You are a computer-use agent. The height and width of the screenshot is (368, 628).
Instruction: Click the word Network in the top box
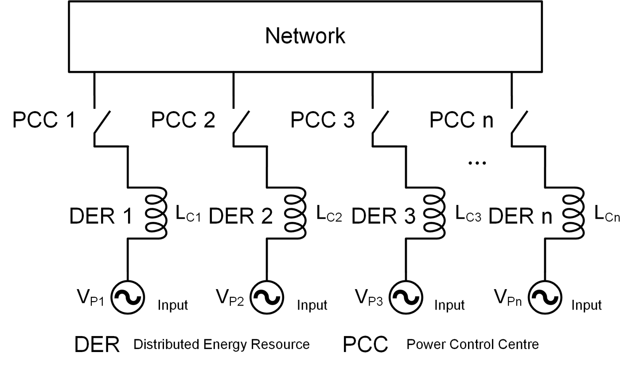click(x=305, y=36)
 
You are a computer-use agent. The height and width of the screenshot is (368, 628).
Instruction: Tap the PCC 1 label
click(x=44, y=120)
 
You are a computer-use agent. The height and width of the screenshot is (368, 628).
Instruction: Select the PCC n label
click(x=461, y=120)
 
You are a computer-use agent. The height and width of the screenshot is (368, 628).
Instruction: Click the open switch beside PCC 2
click(x=241, y=121)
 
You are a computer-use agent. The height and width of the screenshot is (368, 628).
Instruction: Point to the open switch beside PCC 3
click(x=380, y=121)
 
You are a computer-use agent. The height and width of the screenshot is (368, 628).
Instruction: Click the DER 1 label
click(x=101, y=217)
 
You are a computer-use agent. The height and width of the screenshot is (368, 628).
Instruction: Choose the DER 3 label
click(x=383, y=217)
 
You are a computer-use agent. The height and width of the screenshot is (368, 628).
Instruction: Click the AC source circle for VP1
click(x=128, y=297)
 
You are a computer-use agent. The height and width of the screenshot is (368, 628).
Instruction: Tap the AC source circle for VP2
click(x=267, y=297)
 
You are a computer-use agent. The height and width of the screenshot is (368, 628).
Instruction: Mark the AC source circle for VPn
click(x=546, y=297)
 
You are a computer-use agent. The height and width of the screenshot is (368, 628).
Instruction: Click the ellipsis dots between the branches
click(x=477, y=163)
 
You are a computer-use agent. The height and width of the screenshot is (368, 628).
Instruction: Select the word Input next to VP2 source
click(x=312, y=305)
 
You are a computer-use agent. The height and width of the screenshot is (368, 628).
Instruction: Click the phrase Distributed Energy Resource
click(x=221, y=344)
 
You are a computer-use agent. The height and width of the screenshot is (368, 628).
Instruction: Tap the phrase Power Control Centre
click(x=472, y=344)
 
